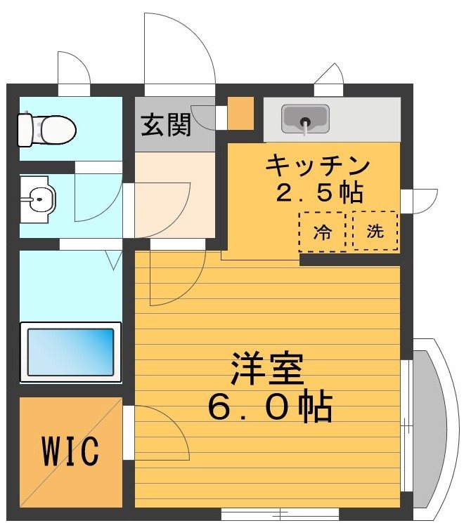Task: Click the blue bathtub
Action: coord(70,351)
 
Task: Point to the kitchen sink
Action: coord(305,119)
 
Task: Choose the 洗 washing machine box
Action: coord(375,232)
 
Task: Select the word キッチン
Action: coord(317,167)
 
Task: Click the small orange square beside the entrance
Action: coord(240,112)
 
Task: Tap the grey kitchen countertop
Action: coord(366,119)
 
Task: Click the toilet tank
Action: coord(25,128)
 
